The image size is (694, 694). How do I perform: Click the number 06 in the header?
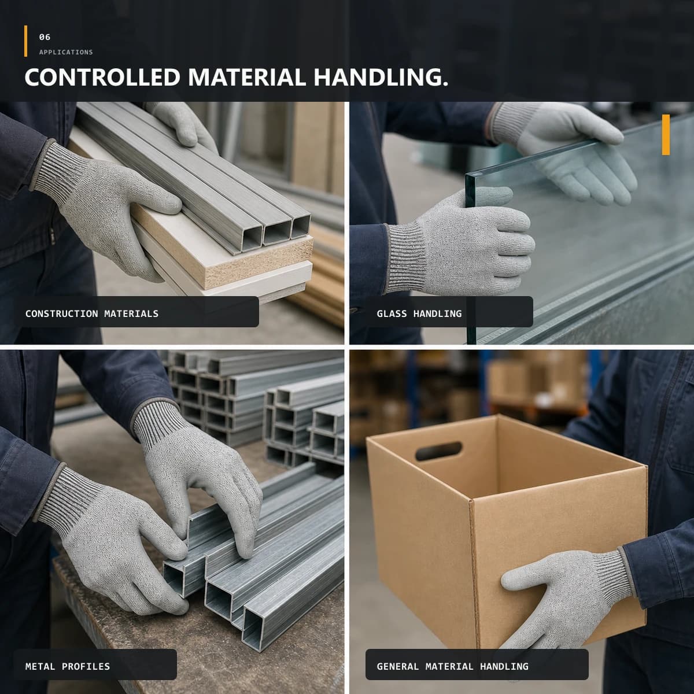(45, 37)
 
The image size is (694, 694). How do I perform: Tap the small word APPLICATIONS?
(66, 52)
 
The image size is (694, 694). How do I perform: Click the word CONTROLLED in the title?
(102, 77)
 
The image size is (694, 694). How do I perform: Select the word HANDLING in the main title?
(381, 77)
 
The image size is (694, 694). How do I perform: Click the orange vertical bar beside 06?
(25, 41)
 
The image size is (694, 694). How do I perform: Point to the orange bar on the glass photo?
(666, 135)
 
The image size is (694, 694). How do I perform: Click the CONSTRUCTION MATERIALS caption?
(92, 313)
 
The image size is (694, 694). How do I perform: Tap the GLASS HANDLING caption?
(419, 313)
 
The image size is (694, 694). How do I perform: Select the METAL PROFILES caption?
(68, 666)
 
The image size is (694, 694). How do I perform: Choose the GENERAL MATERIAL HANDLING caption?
(453, 666)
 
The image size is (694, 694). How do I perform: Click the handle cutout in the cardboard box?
(438, 451)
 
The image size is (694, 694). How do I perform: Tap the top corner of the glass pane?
(466, 175)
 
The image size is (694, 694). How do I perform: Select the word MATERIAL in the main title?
(247, 77)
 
